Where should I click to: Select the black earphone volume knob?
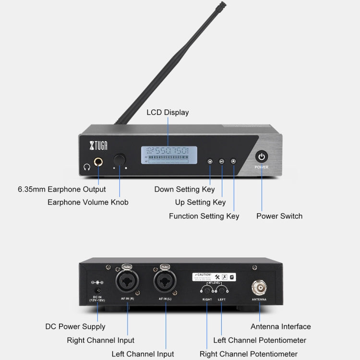coord(120,160)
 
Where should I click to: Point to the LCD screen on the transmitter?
coord(168,156)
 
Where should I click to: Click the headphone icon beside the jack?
coord(86,167)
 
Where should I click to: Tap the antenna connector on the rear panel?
coord(260,288)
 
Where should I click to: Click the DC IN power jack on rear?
coord(98,291)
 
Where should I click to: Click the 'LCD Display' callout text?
coord(168,112)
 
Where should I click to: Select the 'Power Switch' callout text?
coord(279,216)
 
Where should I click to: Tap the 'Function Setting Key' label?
coord(204,216)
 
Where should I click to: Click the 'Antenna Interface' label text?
coord(281,326)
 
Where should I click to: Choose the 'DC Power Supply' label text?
coord(75,326)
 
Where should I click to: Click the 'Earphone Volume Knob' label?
coord(88,202)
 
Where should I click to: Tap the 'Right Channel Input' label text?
coord(101,340)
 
